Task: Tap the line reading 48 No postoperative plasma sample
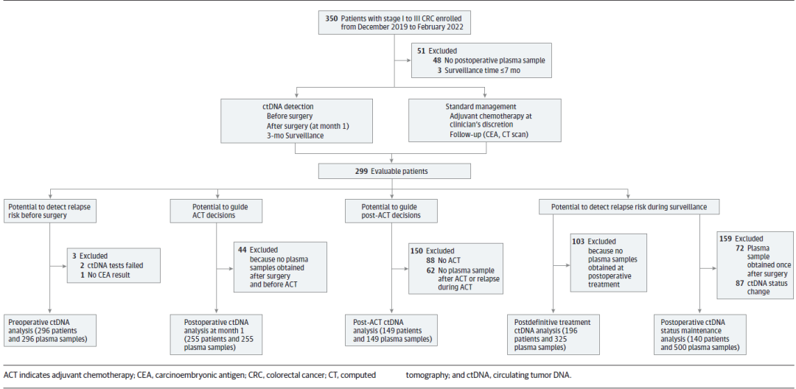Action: (489, 60)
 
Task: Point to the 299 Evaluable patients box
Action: (394, 171)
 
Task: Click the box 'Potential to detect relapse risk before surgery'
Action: (49, 211)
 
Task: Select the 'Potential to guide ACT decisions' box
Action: (216, 211)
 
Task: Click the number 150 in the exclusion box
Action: (417, 250)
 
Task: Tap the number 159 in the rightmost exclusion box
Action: (727, 239)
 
